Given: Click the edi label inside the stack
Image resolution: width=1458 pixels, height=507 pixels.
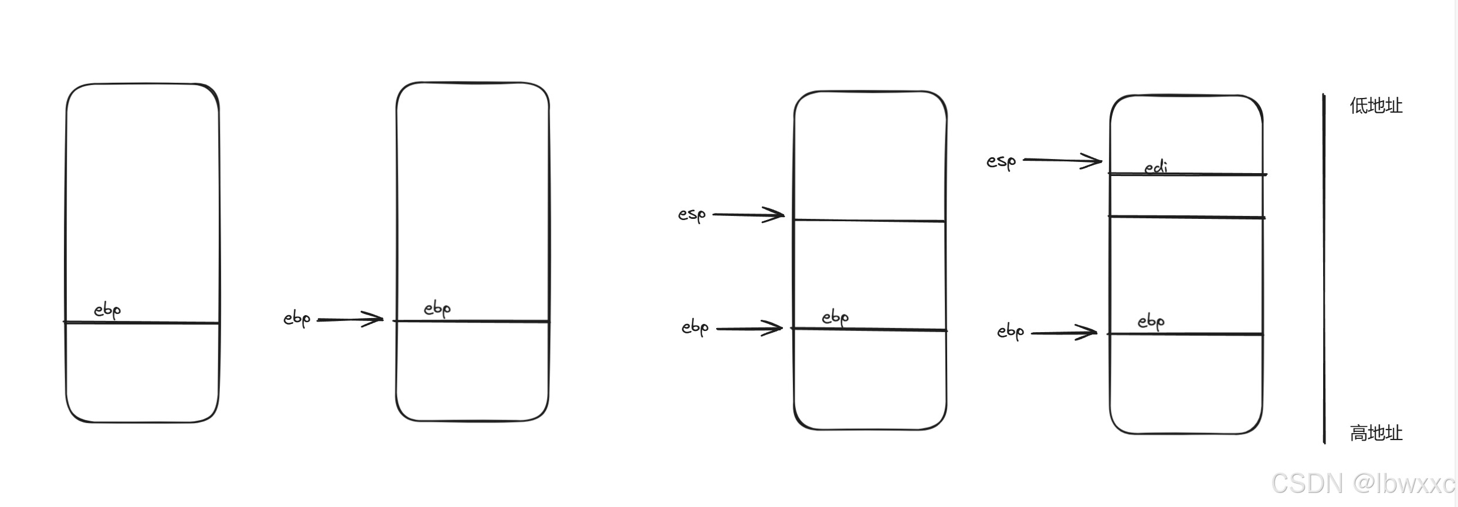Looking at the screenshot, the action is pyautogui.click(x=1156, y=167).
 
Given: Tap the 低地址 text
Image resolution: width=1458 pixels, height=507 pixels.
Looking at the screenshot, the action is pyautogui.click(x=1376, y=106).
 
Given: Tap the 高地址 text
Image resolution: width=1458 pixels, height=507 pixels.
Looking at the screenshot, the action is pyautogui.click(x=1376, y=433).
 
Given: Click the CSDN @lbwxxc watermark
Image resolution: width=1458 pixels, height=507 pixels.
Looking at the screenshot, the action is pyautogui.click(x=1363, y=484).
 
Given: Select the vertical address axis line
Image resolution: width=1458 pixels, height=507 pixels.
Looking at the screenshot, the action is pyautogui.click(x=1324, y=268).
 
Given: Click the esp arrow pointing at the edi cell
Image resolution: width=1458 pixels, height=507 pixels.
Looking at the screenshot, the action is pyautogui.click(x=1063, y=160).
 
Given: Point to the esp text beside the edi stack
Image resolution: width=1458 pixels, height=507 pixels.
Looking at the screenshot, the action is pyautogui.click(x=1001, y=161).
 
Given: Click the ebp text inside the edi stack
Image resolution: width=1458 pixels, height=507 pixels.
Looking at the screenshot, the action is pyautogui.click(x=1151, y=322).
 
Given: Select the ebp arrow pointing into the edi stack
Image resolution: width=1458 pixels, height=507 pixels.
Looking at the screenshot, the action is pyautogui.click(x=1064, y=333).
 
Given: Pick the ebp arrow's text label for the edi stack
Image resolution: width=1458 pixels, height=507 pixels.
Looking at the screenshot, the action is pyautogui.click(x=1011, y=332).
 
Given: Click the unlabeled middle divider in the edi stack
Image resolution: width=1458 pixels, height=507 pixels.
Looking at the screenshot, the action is pyautogui.click(x=1186, y=217).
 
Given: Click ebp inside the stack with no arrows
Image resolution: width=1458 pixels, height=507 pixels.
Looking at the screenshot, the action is pyautogui.click(x=107, y=310).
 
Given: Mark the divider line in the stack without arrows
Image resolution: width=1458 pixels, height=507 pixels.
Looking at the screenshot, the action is pyautogui.click(x=141, y=322).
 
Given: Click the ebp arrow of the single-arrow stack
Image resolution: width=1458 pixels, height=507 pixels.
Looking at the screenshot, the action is pyautogui.click(x=350, y=319).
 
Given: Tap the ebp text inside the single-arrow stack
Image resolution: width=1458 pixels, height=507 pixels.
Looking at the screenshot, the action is pyautogui.click(x=438, y=309).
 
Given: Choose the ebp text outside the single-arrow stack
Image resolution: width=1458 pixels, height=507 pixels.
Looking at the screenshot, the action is pyautogui.click(x=297, y=319).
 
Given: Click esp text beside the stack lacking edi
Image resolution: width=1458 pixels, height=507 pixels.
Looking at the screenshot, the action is pyautogui.click(x=692, y=215).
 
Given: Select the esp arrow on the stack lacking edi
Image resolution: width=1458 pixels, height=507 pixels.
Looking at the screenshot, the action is pyautogui.click(x=749, y=215).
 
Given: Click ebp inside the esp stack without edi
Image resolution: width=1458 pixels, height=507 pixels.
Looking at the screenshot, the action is pyautogui.click(x=835, y=318).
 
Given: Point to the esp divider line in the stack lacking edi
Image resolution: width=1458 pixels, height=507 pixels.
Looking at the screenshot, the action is pyautogui.click(x=869, y=221).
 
